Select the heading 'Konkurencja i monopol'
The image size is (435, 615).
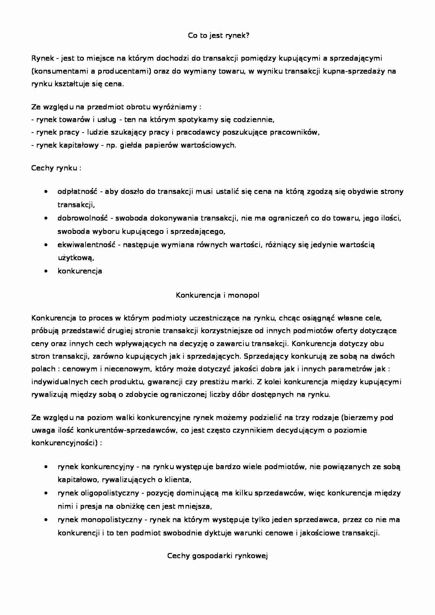(x=217, y=295)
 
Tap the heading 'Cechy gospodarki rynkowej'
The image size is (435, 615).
(x=217, y=556)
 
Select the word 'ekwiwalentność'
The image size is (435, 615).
(x=86, y=245)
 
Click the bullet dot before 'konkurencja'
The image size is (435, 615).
(x=46, y=271)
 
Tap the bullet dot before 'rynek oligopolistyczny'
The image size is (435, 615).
(x=46, y=493)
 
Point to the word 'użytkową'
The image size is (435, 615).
(x=76, y=258)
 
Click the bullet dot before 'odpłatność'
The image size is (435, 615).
(x=46, y=192)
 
